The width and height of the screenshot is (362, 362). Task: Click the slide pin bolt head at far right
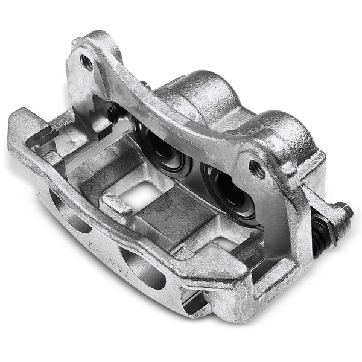[343, 212]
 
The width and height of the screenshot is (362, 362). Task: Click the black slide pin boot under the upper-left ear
[113, 112]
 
